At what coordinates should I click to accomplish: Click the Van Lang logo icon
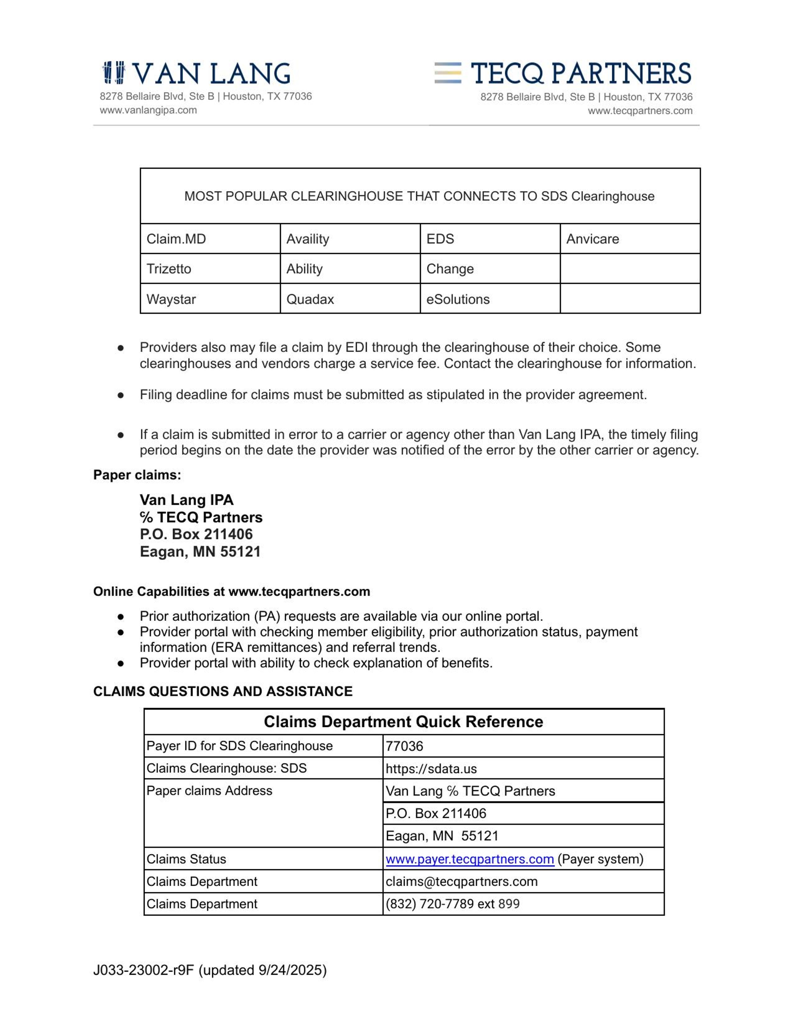114,73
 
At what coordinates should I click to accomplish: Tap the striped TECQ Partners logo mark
448,73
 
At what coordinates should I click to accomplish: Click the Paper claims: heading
137,475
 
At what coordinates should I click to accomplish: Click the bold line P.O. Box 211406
196,534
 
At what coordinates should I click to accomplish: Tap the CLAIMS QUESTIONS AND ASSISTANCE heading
223,691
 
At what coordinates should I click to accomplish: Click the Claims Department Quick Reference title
403,721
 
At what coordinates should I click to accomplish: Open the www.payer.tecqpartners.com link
470,859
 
